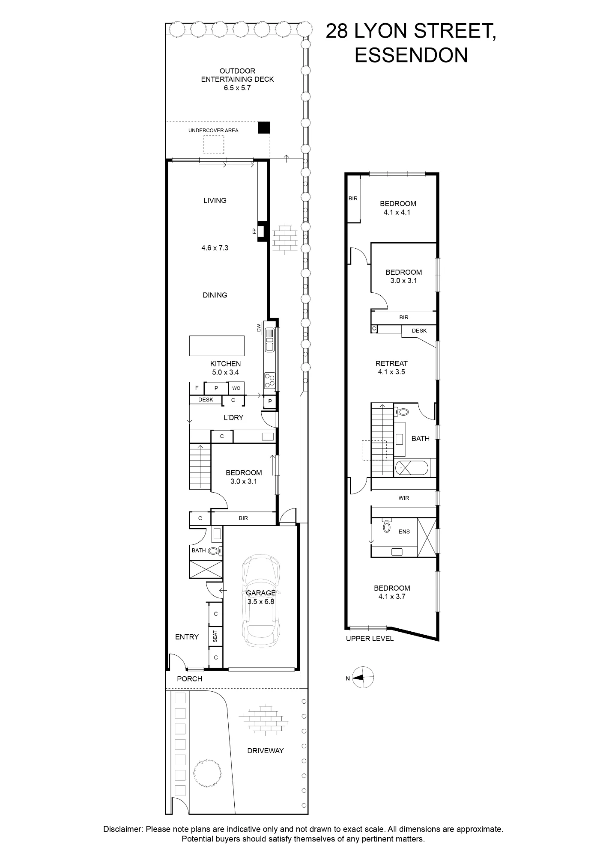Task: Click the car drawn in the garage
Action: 261,604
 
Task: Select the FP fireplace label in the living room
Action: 254,231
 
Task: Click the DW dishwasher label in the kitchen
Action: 259,327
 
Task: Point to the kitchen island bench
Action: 217,346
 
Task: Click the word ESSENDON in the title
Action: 411,55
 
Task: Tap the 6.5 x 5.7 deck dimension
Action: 237,88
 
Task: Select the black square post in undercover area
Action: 264,128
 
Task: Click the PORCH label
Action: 190,679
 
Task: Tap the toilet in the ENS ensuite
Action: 387,526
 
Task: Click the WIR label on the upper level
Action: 404,498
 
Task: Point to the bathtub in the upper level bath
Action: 410,468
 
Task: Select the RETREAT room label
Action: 391,363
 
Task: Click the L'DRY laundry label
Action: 233,417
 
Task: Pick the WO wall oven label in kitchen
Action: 236,388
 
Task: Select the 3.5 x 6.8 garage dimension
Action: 261,601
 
